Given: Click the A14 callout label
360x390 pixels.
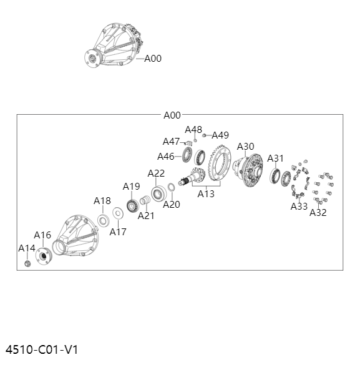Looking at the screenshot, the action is coord(27,248).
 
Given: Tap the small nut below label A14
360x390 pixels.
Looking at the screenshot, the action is coord(28,263).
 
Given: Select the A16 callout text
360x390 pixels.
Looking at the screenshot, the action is coord(42,235).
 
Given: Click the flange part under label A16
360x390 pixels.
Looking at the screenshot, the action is coord(44,256).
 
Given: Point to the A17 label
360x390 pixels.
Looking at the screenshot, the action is coord(118,232).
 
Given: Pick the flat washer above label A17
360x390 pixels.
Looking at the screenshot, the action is coord(118,213).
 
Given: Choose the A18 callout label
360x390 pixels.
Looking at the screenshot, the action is coord(102,201).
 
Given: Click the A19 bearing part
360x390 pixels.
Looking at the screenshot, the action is coord(132,206).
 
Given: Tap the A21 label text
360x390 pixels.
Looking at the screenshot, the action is coord(146,216).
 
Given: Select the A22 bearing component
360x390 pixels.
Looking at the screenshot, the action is coord(158,193).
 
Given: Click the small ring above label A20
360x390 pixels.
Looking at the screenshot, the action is coord(171,187).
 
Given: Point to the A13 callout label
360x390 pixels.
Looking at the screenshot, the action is coord(206,194).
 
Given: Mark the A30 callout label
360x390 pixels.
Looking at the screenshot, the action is coord(246,147).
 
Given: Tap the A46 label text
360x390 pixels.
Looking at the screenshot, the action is coord(166,157).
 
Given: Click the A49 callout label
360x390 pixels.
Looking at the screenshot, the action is coord(220,135).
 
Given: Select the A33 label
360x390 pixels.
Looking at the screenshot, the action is coord(299,206).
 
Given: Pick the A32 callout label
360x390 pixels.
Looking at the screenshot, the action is coord(318,213).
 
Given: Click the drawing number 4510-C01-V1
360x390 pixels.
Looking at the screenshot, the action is coord(42,349).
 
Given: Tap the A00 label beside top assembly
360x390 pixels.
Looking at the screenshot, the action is coord(153,59).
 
